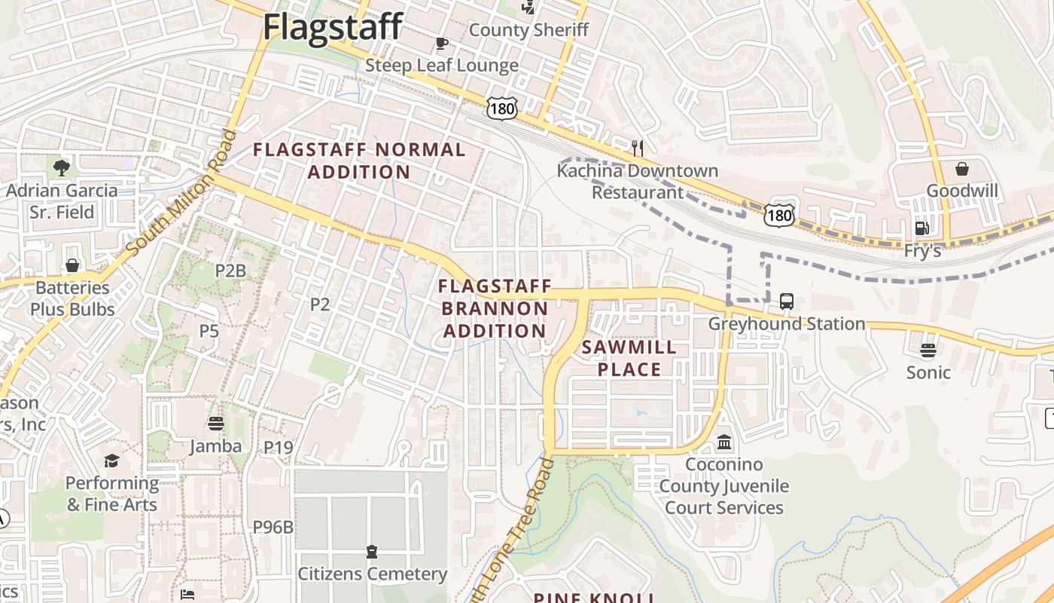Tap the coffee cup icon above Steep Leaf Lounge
(442, 43)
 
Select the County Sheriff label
(529, 30)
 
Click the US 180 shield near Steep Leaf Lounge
(501, 109)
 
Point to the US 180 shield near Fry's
(778, 216)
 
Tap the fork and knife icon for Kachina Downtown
(638, 148)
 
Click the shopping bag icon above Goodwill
(962, 168)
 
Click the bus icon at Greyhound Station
(787, 301)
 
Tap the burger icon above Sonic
(928, 350)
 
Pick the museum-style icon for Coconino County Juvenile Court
(724, 442)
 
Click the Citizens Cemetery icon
(372, 552)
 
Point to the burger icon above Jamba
(216, 424)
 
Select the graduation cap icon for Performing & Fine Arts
(111, 461)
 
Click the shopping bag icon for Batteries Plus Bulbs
(72, 265)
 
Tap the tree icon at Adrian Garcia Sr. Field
(62, 167)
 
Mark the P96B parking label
(273, 527)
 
